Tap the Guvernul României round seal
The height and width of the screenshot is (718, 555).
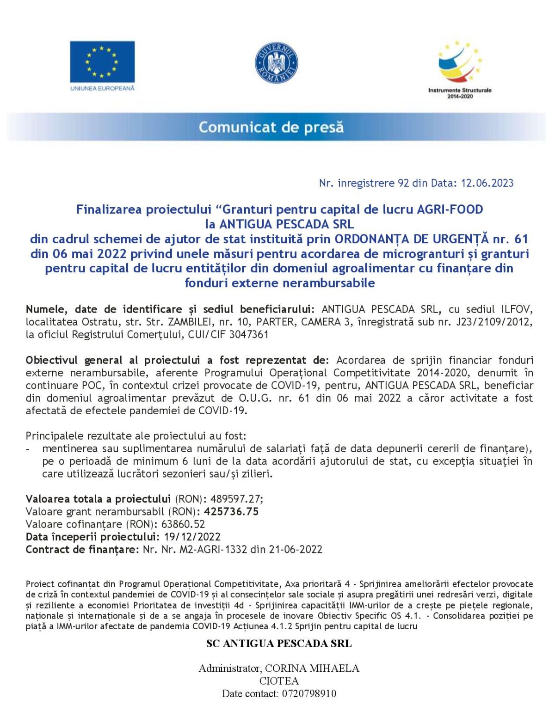(277, 63)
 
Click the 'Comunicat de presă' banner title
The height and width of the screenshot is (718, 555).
(271, 127)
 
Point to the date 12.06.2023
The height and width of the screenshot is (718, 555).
(487, 183)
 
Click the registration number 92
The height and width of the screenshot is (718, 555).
(403, 183)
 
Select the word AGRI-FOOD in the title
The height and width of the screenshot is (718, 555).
(450, 209)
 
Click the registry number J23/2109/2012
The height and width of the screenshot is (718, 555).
(494, 322)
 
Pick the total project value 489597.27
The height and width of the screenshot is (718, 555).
(235, 499)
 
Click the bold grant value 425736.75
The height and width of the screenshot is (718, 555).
(231, 511)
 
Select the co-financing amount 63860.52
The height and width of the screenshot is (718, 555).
(183, 524)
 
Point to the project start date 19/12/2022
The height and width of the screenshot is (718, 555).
(192, 537)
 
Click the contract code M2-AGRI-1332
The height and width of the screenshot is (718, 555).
(213, 549)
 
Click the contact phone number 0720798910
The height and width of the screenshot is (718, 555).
(307, 693)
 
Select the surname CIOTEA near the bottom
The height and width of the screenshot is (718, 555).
(279, 681)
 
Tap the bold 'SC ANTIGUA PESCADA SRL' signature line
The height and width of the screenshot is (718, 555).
(279, 644)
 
